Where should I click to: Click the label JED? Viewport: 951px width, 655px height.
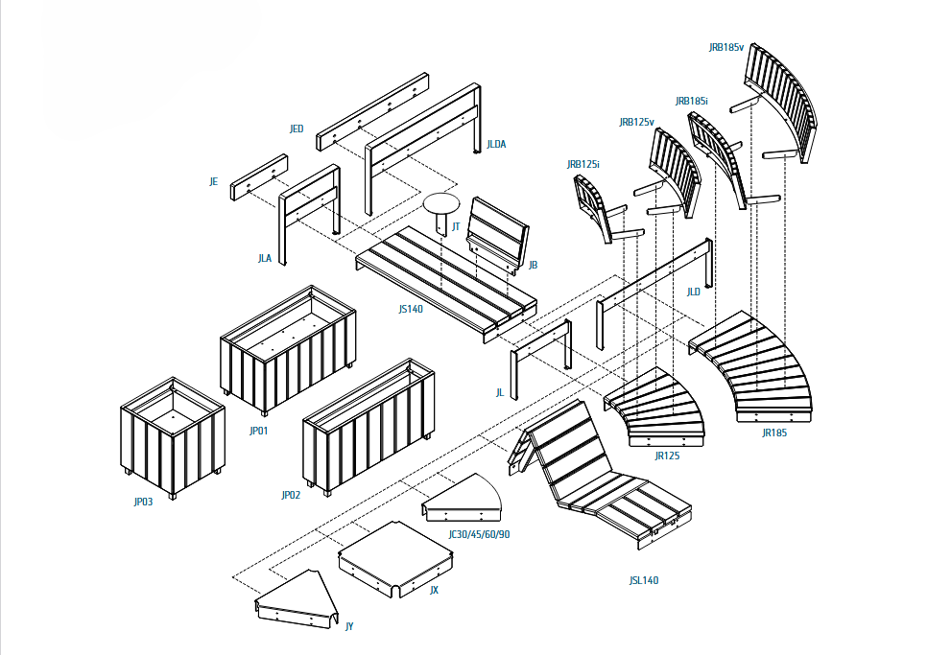tap(297, 129)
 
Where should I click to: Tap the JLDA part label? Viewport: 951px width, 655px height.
tap(496, 144)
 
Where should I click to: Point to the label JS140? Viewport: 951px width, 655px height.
tap(411, 309)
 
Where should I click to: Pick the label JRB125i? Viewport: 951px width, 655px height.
tap(582, 164)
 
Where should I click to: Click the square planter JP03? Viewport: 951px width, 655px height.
tap(173, 436)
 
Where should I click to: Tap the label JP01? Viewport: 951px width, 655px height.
tap(258, 432)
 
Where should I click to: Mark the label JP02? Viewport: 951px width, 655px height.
tap(291, 495)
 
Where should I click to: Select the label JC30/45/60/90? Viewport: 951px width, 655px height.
tap(479, 534)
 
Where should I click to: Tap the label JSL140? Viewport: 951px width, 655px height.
tap(644, 580)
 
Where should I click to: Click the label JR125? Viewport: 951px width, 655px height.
tap(667, 456)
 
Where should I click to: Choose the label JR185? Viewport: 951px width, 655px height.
tap(774, 433)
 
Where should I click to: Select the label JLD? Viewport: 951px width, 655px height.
tap(693, 292)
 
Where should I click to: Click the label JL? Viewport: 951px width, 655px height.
tap(500, 392)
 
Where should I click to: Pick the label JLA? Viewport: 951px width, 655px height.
tap(265, 258)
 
